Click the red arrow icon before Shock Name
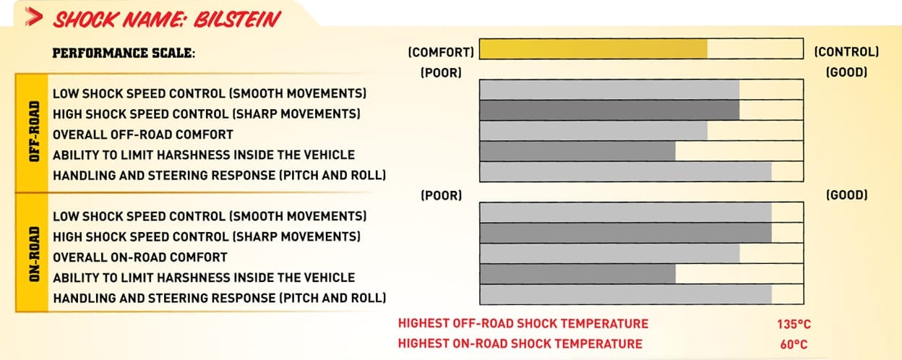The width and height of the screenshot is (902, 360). pos(33,17)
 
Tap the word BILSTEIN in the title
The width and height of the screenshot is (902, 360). pos(237,20)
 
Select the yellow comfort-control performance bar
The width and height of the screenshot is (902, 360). pos(593,49)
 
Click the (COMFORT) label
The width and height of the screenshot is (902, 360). pos(441,52)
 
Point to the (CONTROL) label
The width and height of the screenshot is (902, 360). pos(846,52)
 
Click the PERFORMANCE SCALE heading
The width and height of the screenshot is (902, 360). pos(124,53)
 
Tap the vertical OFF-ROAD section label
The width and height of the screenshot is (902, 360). pos(35,132)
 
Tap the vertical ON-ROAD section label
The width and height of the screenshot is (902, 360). pos(35,254)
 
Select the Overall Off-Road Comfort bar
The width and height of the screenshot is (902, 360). pos(593,131)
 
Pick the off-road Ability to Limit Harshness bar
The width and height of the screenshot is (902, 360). pos(577,151)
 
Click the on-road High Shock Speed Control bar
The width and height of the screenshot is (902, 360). pos(626,233)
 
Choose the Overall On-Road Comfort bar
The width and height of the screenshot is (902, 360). pos(610,254)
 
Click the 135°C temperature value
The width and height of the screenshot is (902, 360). pos(794,325)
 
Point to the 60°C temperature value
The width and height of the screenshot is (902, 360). pos(794,345)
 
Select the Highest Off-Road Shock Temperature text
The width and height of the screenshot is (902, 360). pos(523,324)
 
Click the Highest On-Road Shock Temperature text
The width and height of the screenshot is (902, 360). pos(520,344)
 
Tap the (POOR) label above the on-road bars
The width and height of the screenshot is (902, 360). pos(442,196)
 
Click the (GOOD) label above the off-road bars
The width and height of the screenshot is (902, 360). pos(846,72)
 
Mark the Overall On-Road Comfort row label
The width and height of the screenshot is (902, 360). pos(140,257)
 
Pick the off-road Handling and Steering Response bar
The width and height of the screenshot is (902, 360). pos(626,172)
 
